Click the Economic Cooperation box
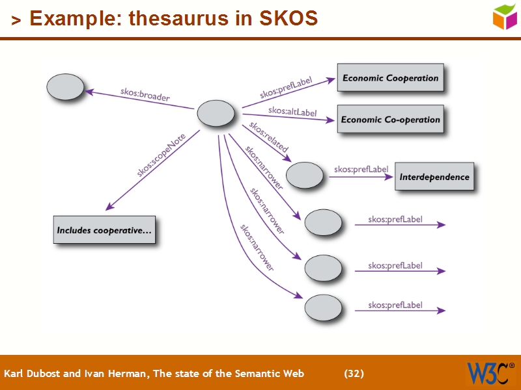pos(390,78)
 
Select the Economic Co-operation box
pos(390,119)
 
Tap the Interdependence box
pos(434,176)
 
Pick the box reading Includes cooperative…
pos(104,230)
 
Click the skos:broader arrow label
pos(145,94)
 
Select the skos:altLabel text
pos(292,112)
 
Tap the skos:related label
pos(268,137)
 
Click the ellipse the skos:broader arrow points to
pos(66,87)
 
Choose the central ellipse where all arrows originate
pos(216,114)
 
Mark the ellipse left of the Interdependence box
pos(304,175)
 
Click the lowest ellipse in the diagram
pos(323,308)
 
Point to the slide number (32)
pos(354,374)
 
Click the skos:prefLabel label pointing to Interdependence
pos(361,170)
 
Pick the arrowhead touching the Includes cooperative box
pos(109,207)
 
